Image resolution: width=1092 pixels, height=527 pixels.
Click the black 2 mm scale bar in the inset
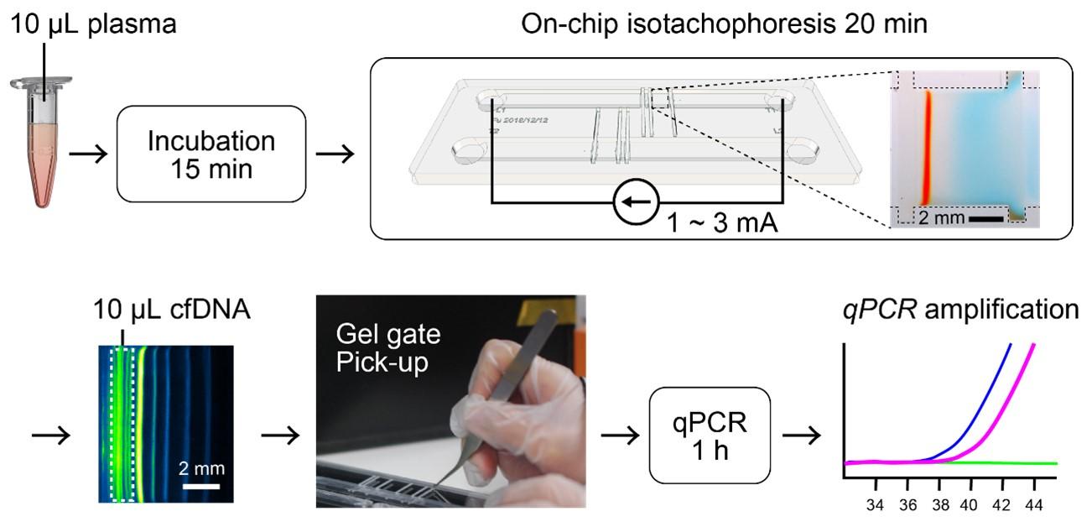click(x=985, y=219)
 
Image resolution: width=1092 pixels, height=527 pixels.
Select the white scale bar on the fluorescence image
click(x=201, y=485)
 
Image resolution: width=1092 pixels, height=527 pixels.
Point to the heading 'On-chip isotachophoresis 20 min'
click(x=725, y=24)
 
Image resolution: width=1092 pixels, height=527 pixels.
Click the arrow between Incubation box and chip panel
click(x=333, y=154)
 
